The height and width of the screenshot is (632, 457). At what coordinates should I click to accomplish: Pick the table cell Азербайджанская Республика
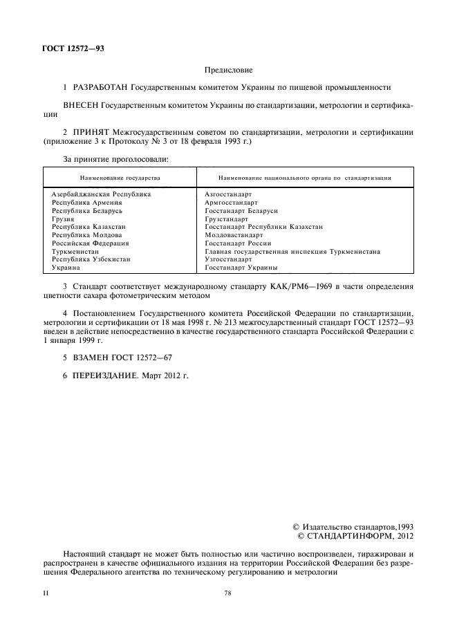point(101,194)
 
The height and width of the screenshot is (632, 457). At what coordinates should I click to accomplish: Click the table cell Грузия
point(62,219)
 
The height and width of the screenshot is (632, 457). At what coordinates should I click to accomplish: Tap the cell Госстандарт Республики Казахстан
point(263,227)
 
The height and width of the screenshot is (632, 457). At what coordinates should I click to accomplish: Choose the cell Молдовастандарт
point(234,235)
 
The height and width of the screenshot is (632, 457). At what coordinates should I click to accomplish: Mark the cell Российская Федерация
point(91,243)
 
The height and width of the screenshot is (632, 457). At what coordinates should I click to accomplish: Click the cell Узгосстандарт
point(228,259)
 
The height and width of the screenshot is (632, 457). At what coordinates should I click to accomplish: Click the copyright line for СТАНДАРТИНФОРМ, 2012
point(354,536)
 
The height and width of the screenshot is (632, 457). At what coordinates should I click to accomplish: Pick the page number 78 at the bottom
point(229,593)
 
